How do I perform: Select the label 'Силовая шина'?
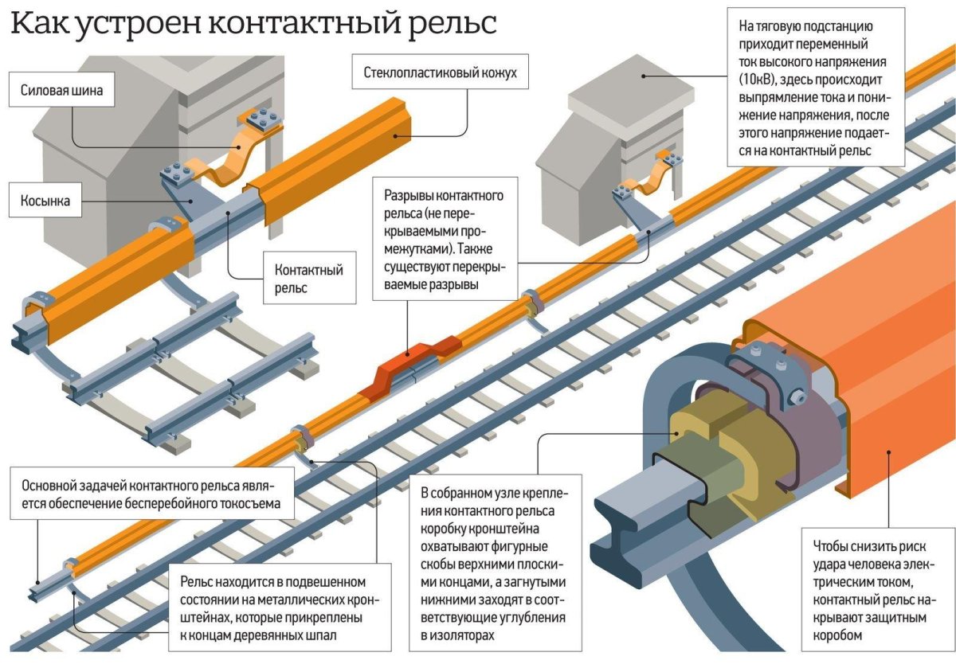click(x=61, y=91)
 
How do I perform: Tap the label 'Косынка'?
click(x=45, y=201)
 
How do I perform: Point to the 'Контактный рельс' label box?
click(x=308, y=279)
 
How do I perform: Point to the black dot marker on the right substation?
click(x=642, y=78)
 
